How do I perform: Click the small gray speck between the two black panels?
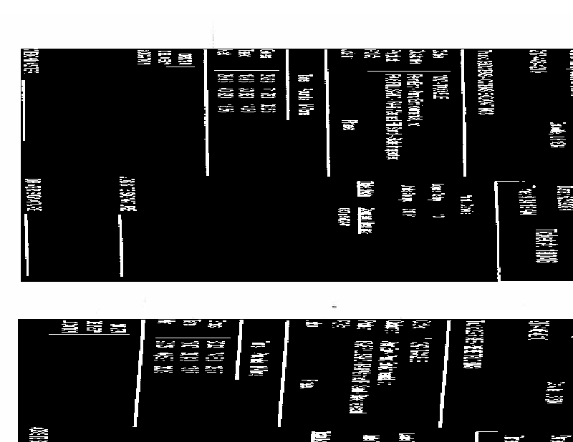(x=334, y=306)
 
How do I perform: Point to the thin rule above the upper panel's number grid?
(x=246, y=70)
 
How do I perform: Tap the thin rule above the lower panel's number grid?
(x=193, y=338)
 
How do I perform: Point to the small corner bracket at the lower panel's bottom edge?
(x=478, y=433)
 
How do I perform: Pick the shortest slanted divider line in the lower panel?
(x=239, y=358)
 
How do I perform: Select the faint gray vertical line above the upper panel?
(x=213, y=34)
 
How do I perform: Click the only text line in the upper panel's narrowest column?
(x=307, y=94)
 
